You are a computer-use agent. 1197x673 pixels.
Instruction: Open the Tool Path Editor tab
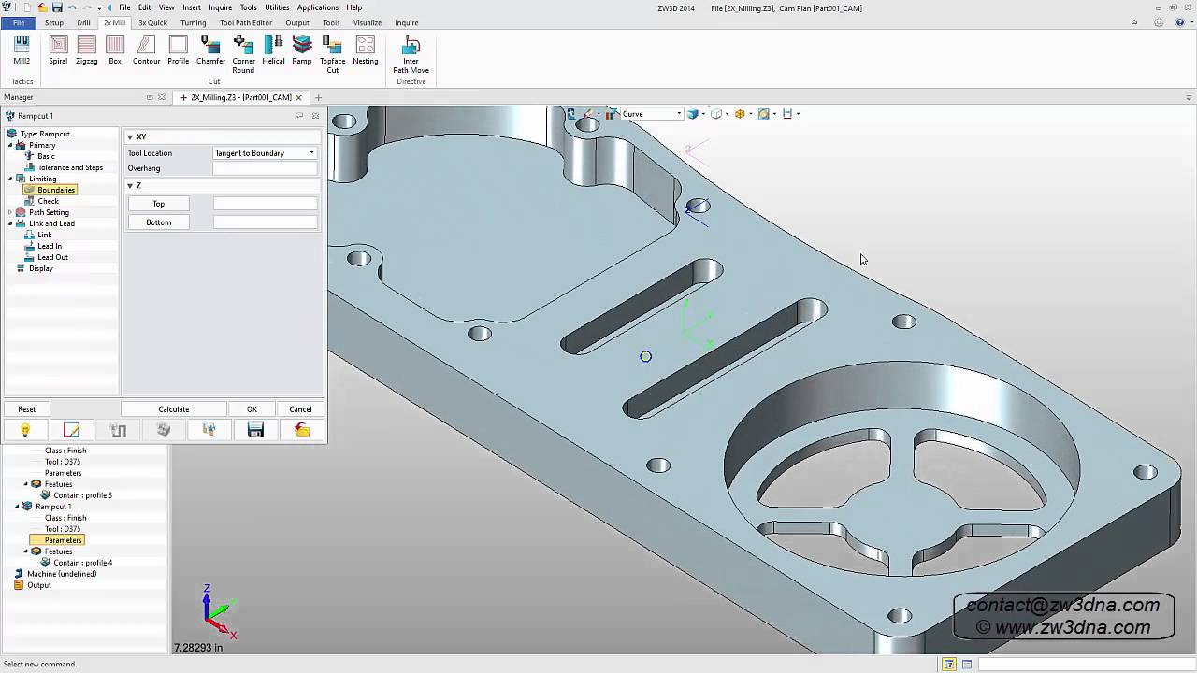pyautogui.click(x=246, y=22)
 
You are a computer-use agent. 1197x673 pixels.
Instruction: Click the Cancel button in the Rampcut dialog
pyautogui.click(x=300, y=409)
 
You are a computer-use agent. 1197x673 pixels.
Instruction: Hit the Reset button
pyautogui.click(x=26, y=409)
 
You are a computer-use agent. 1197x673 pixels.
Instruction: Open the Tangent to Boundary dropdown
pyautogui.click(x=265, y=153)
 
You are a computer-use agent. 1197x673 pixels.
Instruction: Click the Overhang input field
pyautogui.click(x=265, y=168)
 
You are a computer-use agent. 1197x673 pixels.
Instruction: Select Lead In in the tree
pyautogui.click(x=50, y=246)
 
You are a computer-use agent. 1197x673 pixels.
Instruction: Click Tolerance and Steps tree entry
pyautogui.click(x=70, y=167)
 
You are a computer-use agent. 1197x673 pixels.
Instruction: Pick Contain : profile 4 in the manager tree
pyautogui.click(x=82, y=563)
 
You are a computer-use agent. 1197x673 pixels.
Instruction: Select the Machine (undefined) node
pyautogui.click(x=62, y=574)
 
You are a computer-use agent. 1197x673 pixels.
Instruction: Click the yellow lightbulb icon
pyautogui.click(x=25, y=430)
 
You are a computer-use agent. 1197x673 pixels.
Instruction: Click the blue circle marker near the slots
pyautogui.click(x=645, y=356)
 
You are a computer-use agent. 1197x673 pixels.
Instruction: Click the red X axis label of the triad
pyautogui.click(x=233, y=635)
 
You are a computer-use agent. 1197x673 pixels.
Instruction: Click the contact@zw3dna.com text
pyautogui.click(x=1062, y=606)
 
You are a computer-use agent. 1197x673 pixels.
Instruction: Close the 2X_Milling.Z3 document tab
pyautogui.click(x=299, y=97)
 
